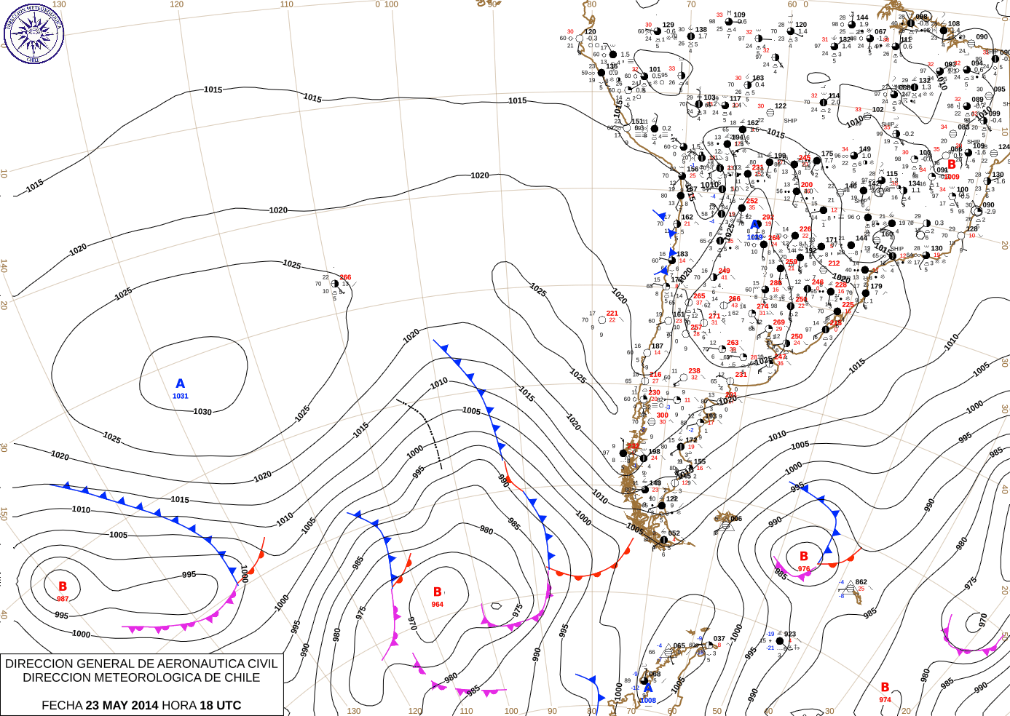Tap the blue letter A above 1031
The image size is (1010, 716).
click(x=181, y=383)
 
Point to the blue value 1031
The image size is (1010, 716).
click(x=180, y=396)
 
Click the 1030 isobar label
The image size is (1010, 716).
click(x=202, y=412)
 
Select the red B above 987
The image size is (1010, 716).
click(x=63, y=586)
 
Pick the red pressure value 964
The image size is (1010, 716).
click(x=437, y=605)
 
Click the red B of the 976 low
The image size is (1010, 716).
click(x=804, y=557)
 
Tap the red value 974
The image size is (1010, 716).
click(x=885, y=699)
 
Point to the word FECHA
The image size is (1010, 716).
click(x=62, y=705)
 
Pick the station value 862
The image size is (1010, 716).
click(x=861, y=582)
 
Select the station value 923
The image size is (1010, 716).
click(x=790, y=635)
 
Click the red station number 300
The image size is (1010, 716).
click(x=662, y=415)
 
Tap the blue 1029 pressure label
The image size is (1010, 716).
click(x=754, y=237)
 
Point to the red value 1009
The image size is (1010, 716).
click(x=952, y=177)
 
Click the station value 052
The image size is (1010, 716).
click(x=674, y=533)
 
